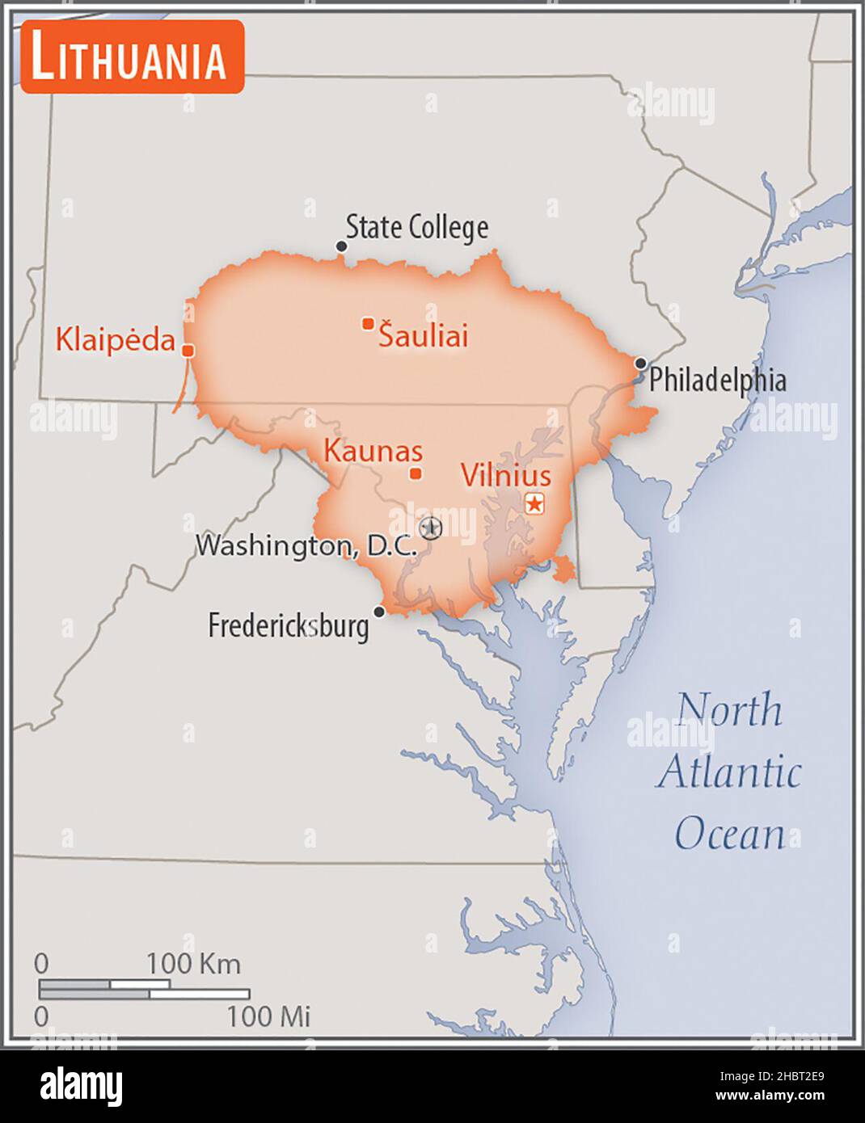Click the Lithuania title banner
click(132, 57)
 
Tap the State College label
click(416, 227)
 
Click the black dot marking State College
click(341, 246)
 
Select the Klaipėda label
click(115, 339)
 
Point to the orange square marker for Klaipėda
click(188, 351)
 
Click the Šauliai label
click(424, 335)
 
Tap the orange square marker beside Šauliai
click(368, 323)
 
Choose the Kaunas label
click(373, 451)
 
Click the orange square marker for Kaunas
click(416, 473)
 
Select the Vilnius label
click(506, 475)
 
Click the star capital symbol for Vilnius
click(534, 503)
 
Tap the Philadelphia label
click(718, 380)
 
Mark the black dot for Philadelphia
click(640, 363)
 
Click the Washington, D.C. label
click(306, 545)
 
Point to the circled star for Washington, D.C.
click(432, 528)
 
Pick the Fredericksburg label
click(289, 625)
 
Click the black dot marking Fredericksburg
click(378, 612)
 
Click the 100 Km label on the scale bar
click(193, 963)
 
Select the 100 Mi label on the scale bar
click(268, 1016)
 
